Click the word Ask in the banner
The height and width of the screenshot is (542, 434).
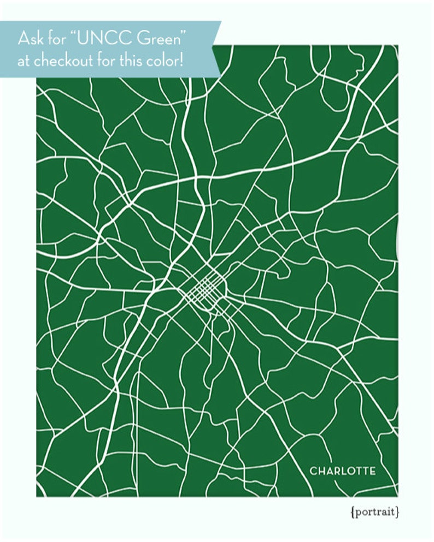pos(30,39)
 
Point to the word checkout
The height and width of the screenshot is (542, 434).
pos(66,61)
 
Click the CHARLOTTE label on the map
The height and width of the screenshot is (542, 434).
pos(343,470)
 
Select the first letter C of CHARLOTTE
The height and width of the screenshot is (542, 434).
pos(313,470)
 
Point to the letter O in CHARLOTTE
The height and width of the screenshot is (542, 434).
pos(350,470)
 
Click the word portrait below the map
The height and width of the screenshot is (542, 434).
pos(376,512)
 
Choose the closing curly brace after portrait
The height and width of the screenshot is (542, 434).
pos(397,512)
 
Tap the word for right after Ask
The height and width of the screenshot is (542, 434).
pos(54,39)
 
